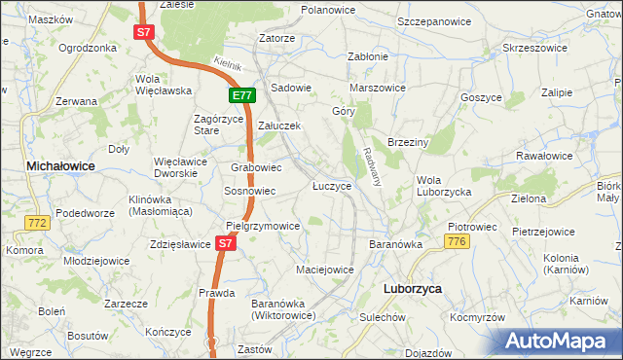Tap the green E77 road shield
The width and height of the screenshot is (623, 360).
[x=242, y=95]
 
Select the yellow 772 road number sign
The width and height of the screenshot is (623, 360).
[x=38, y=223]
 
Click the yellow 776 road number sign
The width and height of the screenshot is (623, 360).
[x=457, y=240]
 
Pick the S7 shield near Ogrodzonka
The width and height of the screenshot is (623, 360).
[x=143, y=32]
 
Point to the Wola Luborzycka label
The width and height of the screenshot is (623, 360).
[x=444, y=186]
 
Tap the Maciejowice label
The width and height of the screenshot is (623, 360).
[x=324, y=267]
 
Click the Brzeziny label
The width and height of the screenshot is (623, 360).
[x=408, y=142]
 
